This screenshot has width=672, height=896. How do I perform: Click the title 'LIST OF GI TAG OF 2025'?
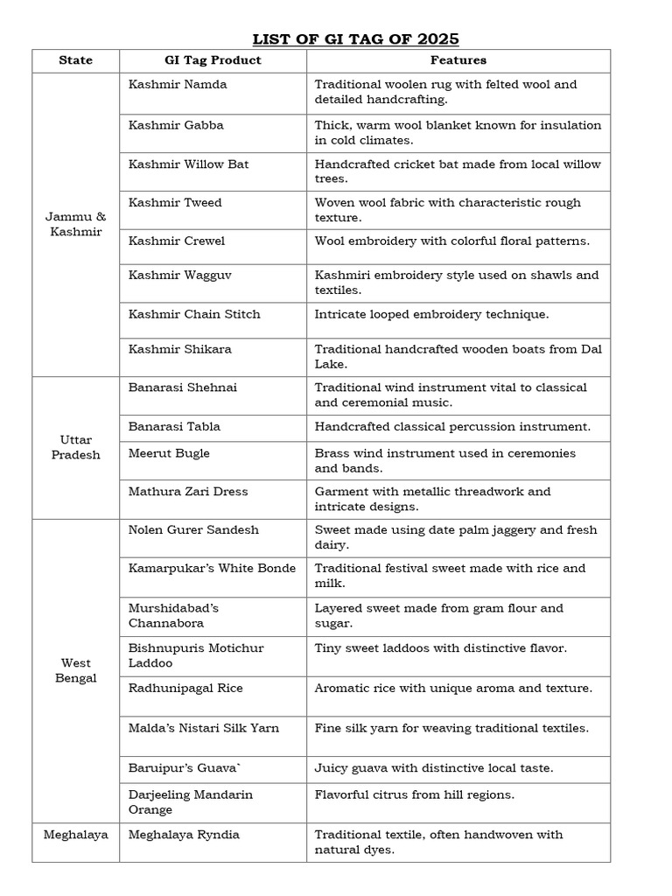[355, 38]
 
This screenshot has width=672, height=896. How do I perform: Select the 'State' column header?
[75, 60]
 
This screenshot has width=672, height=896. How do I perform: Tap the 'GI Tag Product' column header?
[212, 60]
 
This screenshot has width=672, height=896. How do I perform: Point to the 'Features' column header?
[458, 60]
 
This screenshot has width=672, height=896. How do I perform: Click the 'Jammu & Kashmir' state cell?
[75, 225]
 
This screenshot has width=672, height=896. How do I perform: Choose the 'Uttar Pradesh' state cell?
[75, 447]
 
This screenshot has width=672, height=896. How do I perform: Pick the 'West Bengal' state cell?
[75, 670]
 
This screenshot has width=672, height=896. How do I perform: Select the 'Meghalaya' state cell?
[75, 835]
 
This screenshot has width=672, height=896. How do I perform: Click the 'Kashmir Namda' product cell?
[178, 85]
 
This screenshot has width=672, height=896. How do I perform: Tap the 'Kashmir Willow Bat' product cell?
[188, 164]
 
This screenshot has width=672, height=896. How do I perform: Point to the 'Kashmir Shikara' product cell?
[180, 349]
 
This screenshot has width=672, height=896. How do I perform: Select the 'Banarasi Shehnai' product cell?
[182, 388]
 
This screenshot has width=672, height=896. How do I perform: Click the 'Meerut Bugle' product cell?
[169, 453]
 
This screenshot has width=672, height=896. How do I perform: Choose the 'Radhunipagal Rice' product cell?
[185, 689]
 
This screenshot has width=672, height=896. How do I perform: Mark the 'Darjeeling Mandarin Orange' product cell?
[190, 802]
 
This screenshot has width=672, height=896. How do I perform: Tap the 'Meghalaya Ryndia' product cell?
[184, 835]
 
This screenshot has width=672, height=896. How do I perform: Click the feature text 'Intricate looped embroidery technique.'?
[431, 314]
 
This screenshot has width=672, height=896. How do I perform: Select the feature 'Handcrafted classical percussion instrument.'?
[452, 427]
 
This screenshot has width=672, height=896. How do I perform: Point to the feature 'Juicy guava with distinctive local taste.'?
[434, 768]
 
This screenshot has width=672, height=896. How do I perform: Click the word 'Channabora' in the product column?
[165, 624]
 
